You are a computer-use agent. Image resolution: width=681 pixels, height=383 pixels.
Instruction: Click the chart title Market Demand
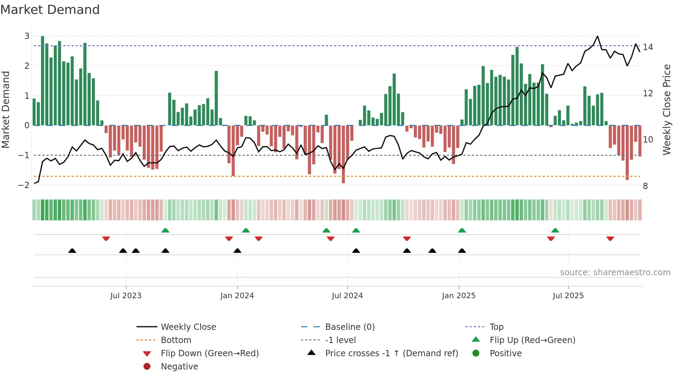[50, 10]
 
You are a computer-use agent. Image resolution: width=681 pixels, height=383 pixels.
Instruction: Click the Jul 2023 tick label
[126, 296]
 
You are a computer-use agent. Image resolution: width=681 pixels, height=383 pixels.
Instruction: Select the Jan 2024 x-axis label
[237, 296]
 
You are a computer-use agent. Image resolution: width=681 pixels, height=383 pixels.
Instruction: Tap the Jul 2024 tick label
[347, 296]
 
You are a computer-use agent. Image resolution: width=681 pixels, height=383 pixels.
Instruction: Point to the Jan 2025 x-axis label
[459, 296]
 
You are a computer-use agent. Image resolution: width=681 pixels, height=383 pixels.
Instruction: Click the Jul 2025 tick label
[568, 296]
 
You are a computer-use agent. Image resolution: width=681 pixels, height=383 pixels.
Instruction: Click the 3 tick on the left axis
[27, 36]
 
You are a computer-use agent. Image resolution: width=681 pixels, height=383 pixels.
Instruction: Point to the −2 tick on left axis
[24, 185]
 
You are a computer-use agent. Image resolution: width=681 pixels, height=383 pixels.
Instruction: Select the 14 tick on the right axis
[648, 47]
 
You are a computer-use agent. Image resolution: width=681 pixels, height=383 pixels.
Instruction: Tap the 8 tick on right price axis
[645, 186]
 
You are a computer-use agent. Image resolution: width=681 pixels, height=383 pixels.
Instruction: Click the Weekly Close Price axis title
[666, 109]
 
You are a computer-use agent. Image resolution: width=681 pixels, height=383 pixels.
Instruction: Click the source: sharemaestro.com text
[615, 272]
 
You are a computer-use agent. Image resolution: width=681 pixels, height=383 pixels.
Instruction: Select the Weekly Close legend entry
[188, 327]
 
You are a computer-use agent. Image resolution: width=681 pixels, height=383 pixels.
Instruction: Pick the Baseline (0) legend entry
[350, 327]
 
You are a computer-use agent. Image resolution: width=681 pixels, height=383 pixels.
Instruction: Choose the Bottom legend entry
[176, 340]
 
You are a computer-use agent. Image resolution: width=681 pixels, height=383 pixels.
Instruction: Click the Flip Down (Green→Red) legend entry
[210, 353]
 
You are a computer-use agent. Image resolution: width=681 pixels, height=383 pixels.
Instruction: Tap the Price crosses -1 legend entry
[392, 353]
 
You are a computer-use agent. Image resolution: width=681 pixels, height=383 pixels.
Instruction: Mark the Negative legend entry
[179, 367]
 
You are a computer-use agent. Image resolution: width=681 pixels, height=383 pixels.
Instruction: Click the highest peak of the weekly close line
[598, 36]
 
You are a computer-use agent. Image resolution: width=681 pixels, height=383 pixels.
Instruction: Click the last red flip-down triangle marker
[610, 239]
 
